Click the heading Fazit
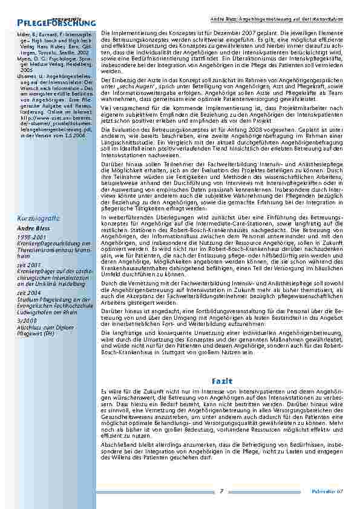tap(218, 381)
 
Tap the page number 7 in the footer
tap(222, 491)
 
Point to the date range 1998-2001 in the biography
tap(30, 238)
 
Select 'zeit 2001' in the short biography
tap(28, 264)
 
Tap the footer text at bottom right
tap(331, 491)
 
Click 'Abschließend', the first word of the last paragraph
tap(114, 445)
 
